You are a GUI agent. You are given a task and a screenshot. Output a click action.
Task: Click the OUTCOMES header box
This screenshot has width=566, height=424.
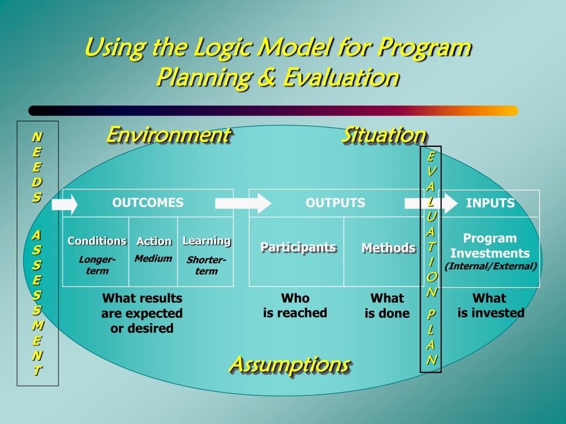148,203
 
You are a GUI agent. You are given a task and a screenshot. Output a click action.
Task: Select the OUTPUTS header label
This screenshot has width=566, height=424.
335,203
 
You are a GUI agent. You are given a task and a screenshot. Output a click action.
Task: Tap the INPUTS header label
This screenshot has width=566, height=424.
490,203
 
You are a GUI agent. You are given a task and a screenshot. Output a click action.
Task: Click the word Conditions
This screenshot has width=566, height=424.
97,241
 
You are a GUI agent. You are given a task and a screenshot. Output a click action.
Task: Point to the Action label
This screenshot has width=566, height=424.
154,241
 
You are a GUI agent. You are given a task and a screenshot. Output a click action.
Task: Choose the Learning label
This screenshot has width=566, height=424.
206,241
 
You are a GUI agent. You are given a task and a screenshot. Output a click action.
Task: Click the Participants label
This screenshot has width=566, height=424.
298,247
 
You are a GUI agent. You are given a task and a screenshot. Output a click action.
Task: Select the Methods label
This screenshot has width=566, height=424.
388,248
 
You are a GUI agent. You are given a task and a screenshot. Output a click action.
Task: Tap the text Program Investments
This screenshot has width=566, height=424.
490,246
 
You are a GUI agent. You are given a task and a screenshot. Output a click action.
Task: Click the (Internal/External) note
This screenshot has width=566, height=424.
491,266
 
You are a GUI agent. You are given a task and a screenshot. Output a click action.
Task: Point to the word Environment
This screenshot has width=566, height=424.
167,134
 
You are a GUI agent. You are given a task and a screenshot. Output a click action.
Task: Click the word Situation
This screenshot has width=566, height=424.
384,135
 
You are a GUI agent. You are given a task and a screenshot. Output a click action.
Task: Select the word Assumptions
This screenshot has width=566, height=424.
289,364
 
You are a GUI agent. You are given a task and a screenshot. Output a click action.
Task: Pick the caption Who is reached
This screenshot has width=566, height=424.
295,305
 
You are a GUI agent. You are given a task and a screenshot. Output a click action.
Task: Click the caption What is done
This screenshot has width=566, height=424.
387,306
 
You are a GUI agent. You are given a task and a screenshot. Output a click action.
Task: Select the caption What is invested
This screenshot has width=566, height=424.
490,305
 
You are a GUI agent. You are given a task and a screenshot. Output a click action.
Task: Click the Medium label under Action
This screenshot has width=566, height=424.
153,258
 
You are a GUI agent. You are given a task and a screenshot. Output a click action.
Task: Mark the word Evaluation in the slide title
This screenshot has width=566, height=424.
341,77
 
